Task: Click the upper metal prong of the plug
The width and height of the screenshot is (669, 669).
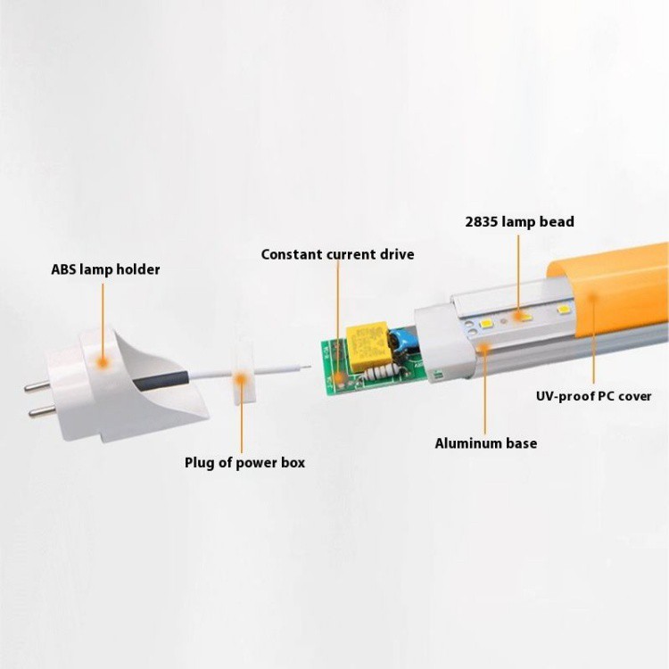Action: point(37,386)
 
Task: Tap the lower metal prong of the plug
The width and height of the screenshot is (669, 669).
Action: point(41,411)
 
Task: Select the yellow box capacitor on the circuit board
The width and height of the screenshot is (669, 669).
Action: point(368,345)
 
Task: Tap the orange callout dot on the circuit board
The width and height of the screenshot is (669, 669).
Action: point(339,377)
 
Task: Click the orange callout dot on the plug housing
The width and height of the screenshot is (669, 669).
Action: point(103,363)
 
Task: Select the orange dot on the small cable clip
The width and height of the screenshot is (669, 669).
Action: point(242,378)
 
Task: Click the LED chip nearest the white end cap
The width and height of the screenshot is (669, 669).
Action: point(485,324)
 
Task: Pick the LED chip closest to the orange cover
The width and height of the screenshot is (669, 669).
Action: point(564,309)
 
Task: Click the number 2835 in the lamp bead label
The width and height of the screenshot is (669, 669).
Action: point(481,222)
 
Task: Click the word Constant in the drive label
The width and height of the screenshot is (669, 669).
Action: point(292,254)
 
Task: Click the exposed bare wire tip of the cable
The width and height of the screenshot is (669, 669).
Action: point(305,366)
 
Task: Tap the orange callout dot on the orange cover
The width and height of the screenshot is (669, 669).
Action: point(592,295)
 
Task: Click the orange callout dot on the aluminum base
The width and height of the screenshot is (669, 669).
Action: point(483,348)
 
